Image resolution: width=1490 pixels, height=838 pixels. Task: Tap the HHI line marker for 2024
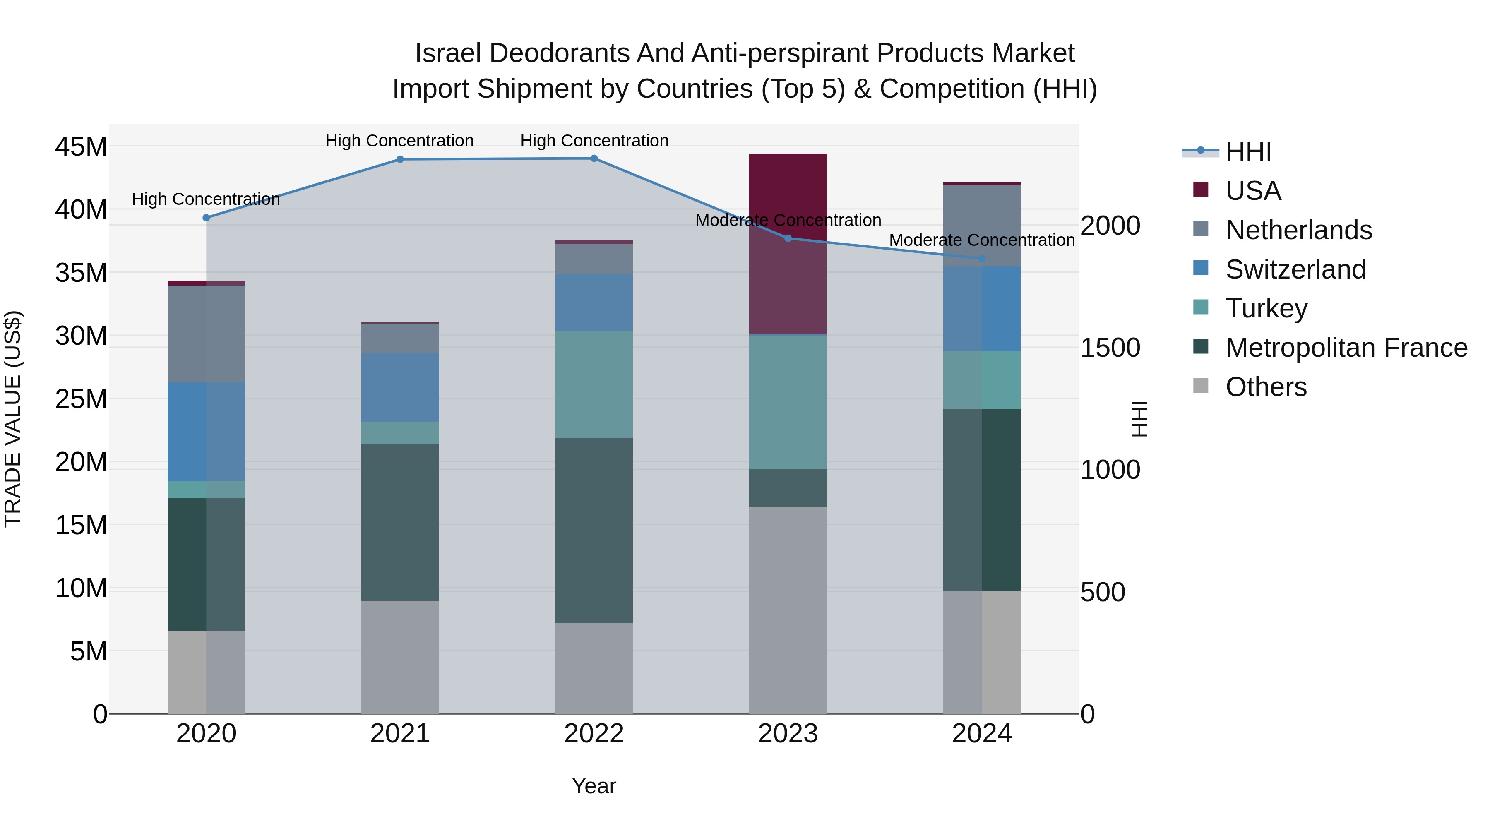982,259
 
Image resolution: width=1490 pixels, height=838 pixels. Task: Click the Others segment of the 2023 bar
788,610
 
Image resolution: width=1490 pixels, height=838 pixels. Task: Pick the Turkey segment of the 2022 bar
594,384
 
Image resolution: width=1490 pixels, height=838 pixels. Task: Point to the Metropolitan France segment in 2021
400,522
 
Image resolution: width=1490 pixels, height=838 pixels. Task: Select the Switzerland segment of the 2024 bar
982,308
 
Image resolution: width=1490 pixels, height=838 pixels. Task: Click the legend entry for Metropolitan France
1346,348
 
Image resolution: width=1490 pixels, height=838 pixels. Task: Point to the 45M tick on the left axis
81,146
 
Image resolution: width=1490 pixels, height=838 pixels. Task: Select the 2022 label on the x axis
594,734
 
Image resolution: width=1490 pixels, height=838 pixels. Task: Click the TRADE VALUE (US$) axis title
13,419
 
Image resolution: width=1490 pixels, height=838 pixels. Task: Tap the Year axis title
594,786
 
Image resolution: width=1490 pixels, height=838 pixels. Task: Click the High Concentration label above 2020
206,199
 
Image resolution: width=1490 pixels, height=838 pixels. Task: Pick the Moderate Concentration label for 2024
982,240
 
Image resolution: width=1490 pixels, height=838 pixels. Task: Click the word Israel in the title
448,53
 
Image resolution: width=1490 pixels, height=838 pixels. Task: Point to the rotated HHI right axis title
1138,419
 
